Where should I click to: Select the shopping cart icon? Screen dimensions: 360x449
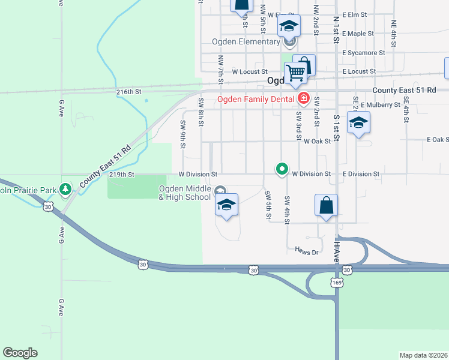[296, 72]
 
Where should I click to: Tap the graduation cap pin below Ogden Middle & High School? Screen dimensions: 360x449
[226, 205]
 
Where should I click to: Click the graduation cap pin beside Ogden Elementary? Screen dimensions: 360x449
[288, 26]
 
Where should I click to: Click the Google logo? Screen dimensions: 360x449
[20, 353]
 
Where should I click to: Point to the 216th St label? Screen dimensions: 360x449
[128, 92]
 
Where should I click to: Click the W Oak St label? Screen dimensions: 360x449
[317, 142]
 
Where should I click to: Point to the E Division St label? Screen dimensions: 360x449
[361, 174]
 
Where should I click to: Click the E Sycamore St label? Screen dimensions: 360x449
[364, 53]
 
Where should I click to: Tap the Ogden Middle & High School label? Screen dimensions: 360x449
[185, 193]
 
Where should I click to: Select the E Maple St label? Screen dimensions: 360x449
[358, 34]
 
